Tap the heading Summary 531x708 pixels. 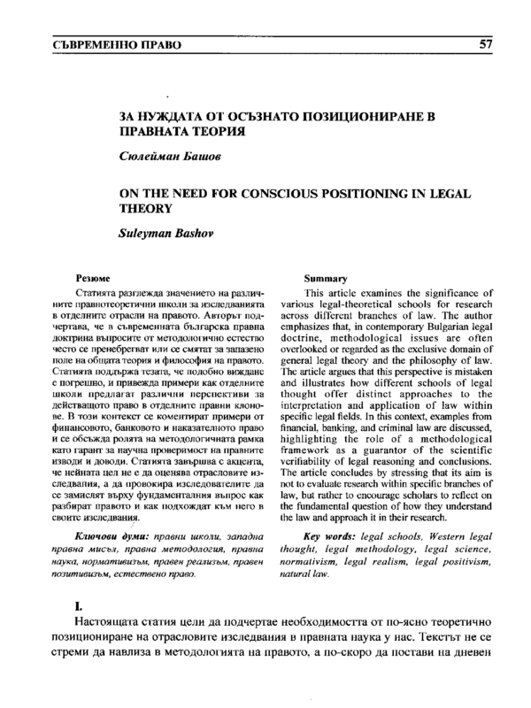point(324,278)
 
